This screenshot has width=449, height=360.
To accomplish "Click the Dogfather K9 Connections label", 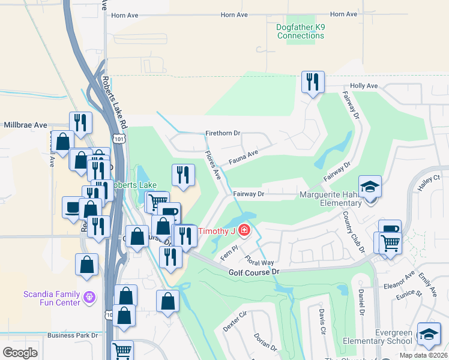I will point(301,31).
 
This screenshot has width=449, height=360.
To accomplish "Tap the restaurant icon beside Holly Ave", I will point(313,82).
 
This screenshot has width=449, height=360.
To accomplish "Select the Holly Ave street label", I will point(364,86).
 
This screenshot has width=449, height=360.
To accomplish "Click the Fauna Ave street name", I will point(243,157).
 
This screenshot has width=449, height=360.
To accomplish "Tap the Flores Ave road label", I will point(213,164).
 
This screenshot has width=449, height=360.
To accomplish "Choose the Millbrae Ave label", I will point(23,125).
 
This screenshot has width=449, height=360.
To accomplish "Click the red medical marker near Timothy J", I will point(244,230).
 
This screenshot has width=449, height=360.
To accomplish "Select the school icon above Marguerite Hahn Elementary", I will point(370,187).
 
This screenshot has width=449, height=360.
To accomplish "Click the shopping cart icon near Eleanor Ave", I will point(390,243).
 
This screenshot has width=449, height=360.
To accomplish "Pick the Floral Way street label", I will point(259,261).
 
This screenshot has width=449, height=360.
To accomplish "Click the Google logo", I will point(20,352).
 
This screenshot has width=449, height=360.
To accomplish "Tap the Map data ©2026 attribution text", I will point(423,355).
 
